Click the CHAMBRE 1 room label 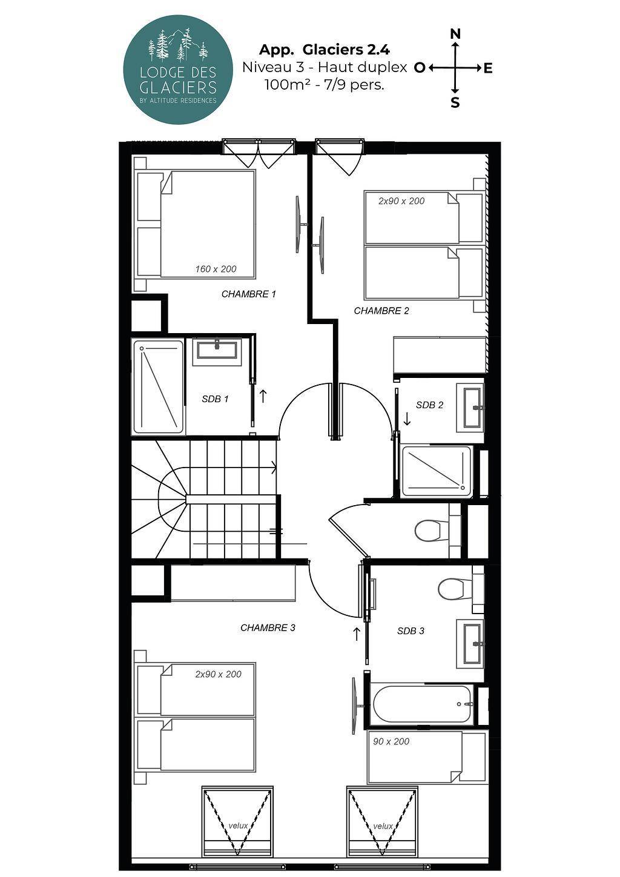click(x=249, y=294)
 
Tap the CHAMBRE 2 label click(x=381, y=311)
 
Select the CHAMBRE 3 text click(x=268, y=627)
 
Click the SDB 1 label click(x=215, y=399)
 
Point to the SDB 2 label click(x=429, y=405)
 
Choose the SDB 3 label click(x=411, y=630)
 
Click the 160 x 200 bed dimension click(x=216, y=269)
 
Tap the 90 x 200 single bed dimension click(x=391, y=741)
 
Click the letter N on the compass click(x=455, y=34)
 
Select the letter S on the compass click(x=455, y=102)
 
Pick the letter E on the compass click(x=487, y=68)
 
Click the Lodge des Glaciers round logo click(x=178, y=70)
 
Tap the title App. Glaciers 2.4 click(x=325, y=50)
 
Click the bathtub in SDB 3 click(x=422, y=704)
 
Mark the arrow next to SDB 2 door click(x=407, y=419)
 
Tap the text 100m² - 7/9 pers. click(x=325, y=85)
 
